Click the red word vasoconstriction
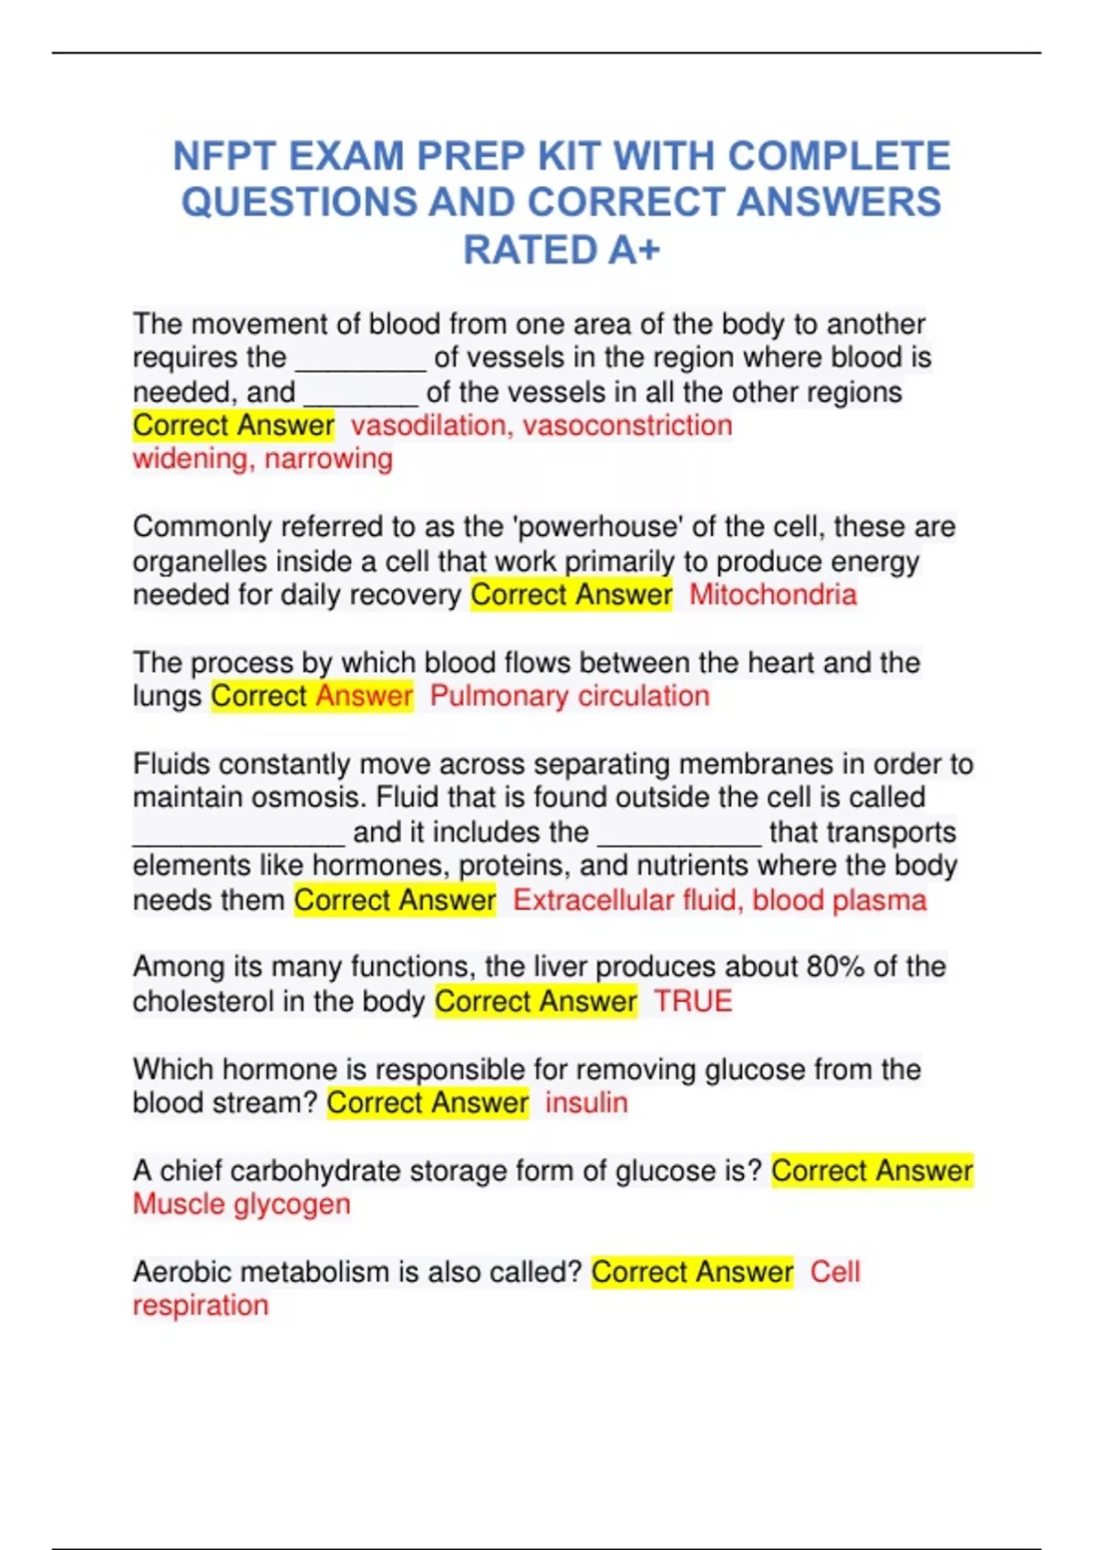627,425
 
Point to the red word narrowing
328,459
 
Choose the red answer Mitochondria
773,594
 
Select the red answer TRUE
693,1001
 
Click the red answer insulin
586,1102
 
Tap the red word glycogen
292,1204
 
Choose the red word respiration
201,1306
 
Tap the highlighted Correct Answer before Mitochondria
572,594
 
